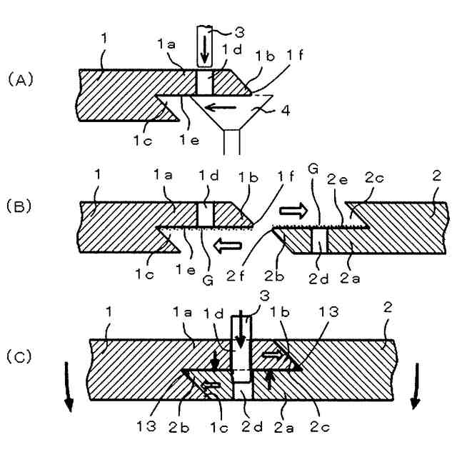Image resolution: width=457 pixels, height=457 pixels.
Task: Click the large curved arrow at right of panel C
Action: tap(416, 386)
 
